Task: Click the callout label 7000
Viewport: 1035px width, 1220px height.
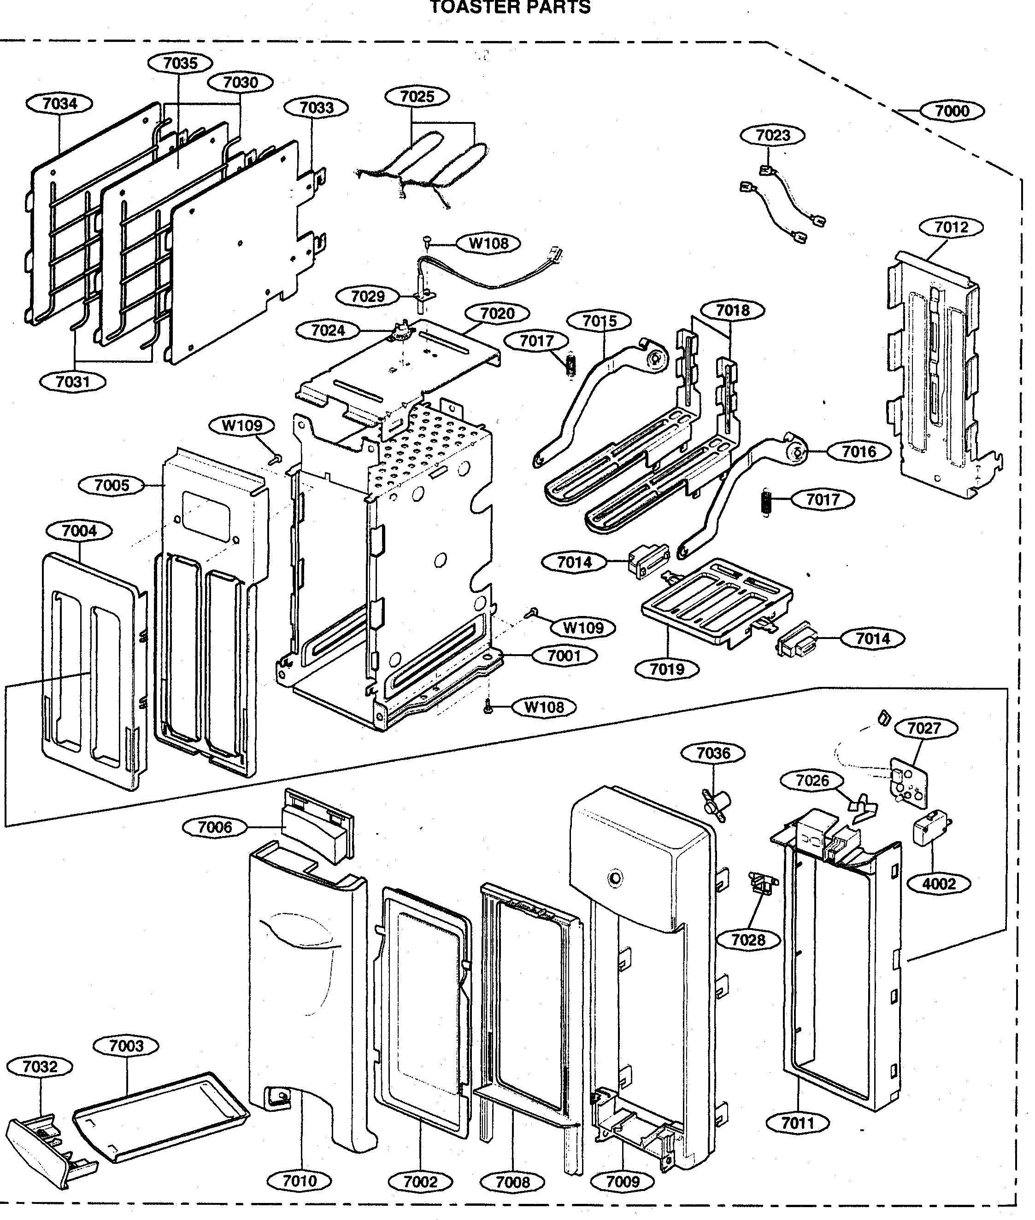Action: [x=952, y=111]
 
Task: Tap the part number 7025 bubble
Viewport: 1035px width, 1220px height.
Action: [x=417, y=96]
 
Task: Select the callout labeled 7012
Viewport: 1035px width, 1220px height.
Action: [x=951, y=227]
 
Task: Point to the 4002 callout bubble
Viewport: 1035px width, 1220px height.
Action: [x=939, y=883]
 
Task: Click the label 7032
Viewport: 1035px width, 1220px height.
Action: [x=40, y=1066]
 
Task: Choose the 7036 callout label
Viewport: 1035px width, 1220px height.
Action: [x=713, y=753]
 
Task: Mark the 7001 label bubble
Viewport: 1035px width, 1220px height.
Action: [x=564, y=656]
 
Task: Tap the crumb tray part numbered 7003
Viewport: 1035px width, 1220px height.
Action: [x=161, y=1117]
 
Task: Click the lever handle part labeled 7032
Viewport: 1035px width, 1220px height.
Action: [x=47, y=1143]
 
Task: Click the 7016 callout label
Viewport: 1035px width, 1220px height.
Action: [x=859, y=452]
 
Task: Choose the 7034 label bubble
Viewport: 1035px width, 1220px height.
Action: [x=60, y=104]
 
